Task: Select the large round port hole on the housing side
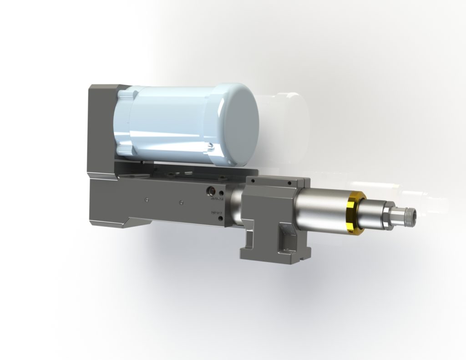[211, 190]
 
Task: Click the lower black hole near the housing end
[221, 219]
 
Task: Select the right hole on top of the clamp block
[290, 183]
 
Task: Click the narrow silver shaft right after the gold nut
[371, 213]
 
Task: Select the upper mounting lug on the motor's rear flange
[125, 95]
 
